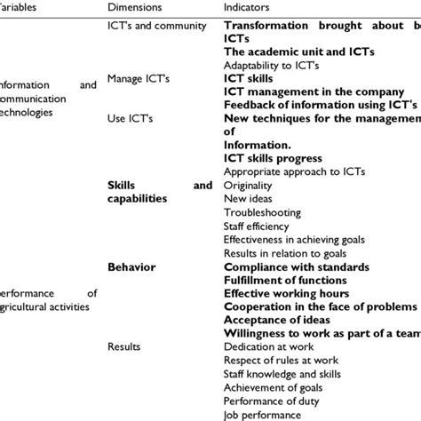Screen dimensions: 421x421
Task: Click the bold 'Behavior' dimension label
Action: [x=131, y=266]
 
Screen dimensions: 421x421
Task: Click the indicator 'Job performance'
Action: [x=262, y=414]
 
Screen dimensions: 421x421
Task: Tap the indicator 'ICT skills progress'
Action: [x=278, y=158]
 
